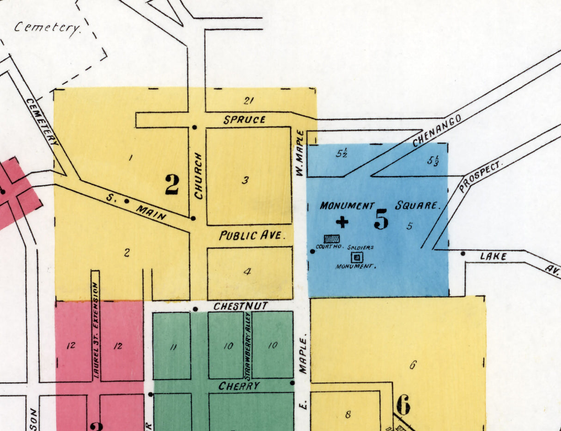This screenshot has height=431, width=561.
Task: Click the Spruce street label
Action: (x=244, y=120)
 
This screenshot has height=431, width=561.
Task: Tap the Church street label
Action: (x=199, y=176)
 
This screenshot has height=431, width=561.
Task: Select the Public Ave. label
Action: (x=251, y=235)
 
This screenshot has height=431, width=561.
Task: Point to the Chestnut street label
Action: (x=240, y=306)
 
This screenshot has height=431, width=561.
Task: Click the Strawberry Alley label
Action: (x=248, y=345)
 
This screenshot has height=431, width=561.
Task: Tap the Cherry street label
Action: (x=239, y=386)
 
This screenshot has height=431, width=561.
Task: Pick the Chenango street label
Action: (x=437, y=131)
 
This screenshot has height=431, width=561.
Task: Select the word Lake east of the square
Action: (x=494, y=256)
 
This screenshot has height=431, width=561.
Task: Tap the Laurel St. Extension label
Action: (x=96, y=331)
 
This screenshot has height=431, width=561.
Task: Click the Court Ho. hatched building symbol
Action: (x=331, y=239)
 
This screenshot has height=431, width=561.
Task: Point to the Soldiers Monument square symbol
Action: (x=357, y=258)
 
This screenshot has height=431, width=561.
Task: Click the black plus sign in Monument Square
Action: (x=342, y=223)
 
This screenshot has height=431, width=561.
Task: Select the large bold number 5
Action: (x=381, y=219)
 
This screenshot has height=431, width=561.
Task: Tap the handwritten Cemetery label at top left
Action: (x=47, y=28)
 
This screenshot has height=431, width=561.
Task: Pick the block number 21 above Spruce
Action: (x=249, y=100)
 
